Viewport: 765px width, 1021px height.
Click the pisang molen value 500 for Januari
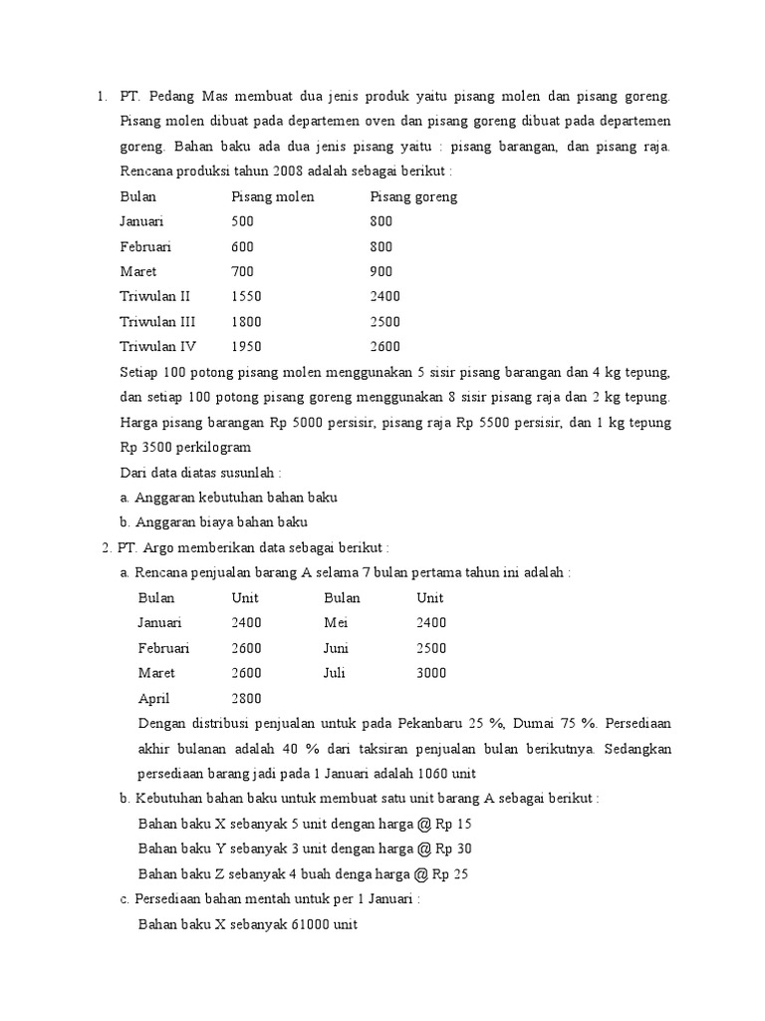(x=243, y=221)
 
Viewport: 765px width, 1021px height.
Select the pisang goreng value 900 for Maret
(x=382, y=271)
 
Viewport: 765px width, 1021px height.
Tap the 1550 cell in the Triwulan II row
(x=246, y=296)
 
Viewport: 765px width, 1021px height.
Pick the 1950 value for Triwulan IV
(x=246, y=347)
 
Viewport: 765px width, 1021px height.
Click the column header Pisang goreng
(x=413, y=196)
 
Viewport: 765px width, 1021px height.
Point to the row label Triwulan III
(x=158, y=322)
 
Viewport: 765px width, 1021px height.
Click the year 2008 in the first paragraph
(x=272, y=170)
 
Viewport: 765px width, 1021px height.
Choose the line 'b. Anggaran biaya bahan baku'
(x=213, y=521)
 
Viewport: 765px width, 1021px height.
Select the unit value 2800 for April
(x=247, y=699)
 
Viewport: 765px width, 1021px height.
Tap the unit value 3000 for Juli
(x=431, y=673)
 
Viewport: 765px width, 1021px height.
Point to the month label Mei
(x=336, y=622)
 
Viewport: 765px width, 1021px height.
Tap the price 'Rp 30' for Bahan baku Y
(x=454, y=849)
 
